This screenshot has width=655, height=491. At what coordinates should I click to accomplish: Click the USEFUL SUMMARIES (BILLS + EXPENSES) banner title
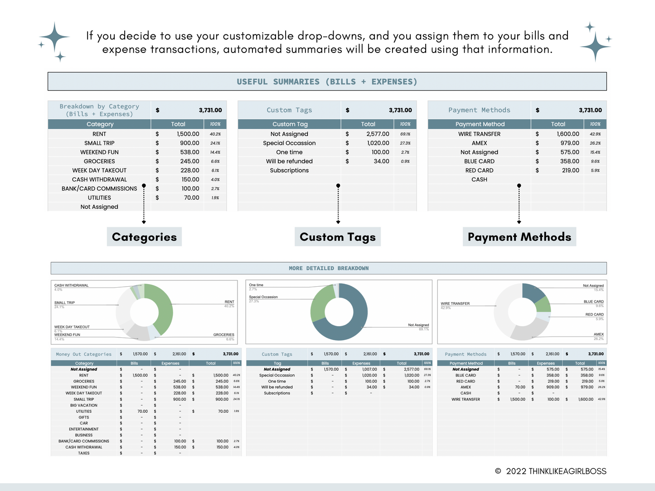click(x=327, y=82)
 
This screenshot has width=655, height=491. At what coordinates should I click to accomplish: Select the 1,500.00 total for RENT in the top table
click(x=188, y=134)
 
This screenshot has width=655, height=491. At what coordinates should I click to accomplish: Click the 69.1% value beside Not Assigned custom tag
click(x=405, y=134)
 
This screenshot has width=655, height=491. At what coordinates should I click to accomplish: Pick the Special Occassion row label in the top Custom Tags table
click(x=289, y=143)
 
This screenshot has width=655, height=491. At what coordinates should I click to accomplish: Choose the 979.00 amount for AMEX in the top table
click(x=569, y=143)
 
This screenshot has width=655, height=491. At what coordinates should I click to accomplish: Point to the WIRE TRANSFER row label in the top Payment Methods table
click(x=479, y=134)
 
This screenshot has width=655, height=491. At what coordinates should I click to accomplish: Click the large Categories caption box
click(x=144, y=237)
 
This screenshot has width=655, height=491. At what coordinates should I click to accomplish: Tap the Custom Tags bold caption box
click(x=338, y=237)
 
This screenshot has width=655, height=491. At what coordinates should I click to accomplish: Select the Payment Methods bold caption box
click(x=519, y=237)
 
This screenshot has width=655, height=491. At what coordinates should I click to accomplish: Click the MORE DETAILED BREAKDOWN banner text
click(x=329, y=268)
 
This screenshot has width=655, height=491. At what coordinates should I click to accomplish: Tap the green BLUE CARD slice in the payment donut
click(x=543, y=305)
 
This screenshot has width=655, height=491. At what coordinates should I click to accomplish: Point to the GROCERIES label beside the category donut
click(x=223, y=335)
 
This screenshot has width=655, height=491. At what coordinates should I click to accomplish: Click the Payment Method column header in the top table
click(x=480, y=124)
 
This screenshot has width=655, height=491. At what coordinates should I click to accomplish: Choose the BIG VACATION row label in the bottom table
click(x=84, y=405)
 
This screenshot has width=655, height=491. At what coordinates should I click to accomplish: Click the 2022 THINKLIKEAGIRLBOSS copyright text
click(x=556, y=471)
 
